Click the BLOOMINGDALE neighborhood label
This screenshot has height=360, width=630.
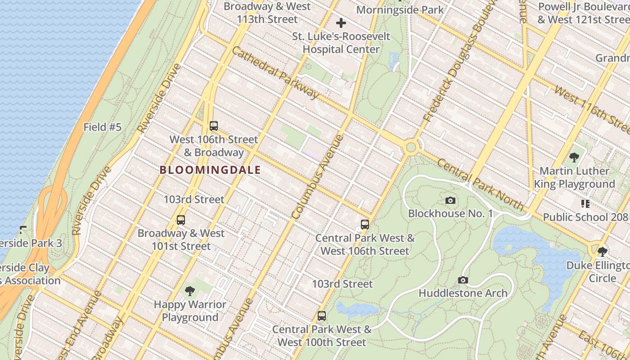[210, 170]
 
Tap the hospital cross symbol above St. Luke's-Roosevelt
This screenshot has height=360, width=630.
[341, 23]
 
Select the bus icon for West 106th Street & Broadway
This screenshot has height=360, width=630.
[214, 126]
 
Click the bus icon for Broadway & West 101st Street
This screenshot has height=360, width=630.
[181, 220]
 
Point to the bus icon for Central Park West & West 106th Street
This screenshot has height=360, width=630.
[365, 224]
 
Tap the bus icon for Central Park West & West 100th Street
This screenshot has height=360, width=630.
[321, 316]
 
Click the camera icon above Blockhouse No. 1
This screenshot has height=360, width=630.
[450, 200]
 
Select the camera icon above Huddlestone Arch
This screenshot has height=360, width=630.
[463, 280]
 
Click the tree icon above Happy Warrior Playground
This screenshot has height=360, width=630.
[190, 291]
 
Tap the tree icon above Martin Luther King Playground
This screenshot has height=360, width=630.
[574, 157]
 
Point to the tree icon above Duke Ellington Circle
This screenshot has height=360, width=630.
[602, 252]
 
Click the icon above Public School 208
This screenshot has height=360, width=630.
[585, 204]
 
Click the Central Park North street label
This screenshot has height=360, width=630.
[481, 184]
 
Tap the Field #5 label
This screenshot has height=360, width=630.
[103, 127]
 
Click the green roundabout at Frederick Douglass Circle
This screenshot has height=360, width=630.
[410, 147]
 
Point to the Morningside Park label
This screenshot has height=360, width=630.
[400, 9]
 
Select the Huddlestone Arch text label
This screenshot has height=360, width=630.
[463, 293]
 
